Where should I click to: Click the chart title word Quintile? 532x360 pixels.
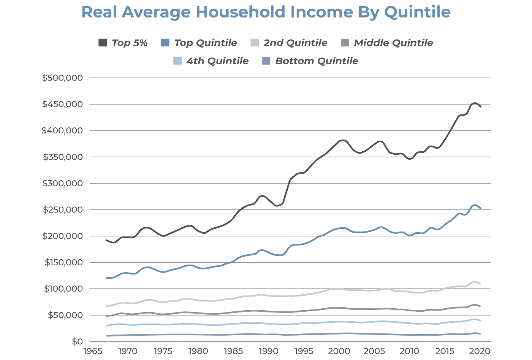417,12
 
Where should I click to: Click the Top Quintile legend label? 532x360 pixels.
206,43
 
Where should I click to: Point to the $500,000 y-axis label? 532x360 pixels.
63,78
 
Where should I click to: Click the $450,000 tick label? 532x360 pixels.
63,104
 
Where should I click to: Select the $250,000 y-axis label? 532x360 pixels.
63,210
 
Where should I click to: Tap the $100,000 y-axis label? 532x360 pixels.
63,289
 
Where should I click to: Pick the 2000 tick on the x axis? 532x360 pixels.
338,351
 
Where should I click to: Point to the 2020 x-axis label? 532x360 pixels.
478,351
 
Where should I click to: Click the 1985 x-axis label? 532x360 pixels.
233,351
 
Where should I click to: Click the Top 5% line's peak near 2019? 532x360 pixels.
475,102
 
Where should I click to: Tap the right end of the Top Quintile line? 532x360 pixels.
481,208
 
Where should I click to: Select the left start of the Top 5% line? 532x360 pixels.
106,239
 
